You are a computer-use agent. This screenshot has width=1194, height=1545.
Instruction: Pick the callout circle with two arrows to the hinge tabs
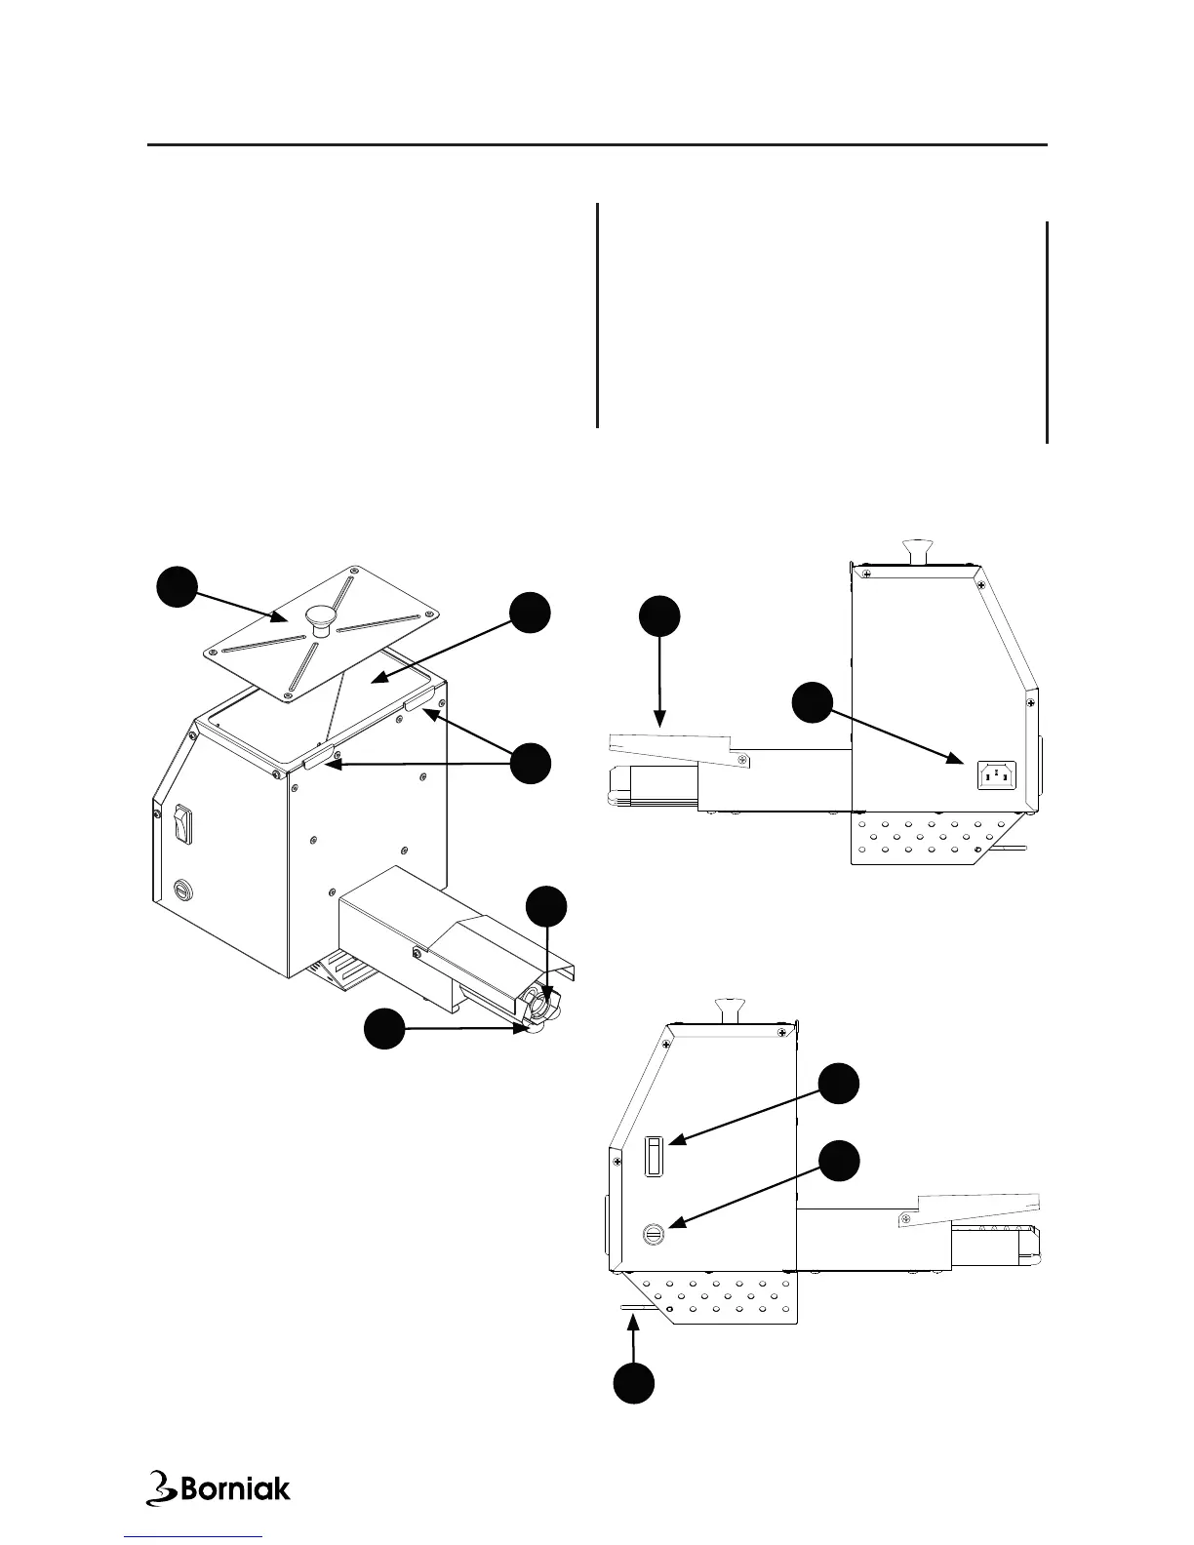point(531,763)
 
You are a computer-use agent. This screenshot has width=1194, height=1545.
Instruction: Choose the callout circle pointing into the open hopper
point(531,613)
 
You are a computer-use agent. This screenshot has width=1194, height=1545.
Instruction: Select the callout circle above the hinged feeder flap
point(659,617)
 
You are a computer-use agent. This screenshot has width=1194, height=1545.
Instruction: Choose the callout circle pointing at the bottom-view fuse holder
point(839,1163)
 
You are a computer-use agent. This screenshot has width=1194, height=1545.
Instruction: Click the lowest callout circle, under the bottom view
point(634,1384)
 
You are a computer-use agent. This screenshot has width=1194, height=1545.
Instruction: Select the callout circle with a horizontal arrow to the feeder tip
point(384,1029)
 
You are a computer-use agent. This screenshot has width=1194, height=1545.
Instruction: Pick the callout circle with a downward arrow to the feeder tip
point(546,907)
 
